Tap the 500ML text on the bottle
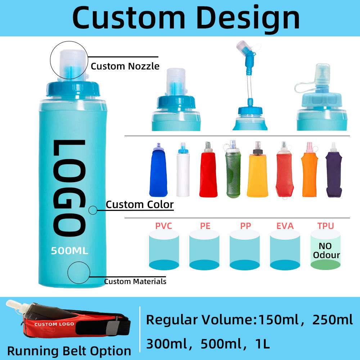coord(69,251)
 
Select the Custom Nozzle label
coord(125,66)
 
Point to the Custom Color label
coord(140,205)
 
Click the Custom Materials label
coord(135,282)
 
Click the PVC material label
coord(164,226)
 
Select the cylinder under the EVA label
coord(285,250)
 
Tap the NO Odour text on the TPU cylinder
coord(326,251)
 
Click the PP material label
coord(245,226)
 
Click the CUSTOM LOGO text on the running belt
coord(54,324)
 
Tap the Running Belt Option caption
coord(69,351)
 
